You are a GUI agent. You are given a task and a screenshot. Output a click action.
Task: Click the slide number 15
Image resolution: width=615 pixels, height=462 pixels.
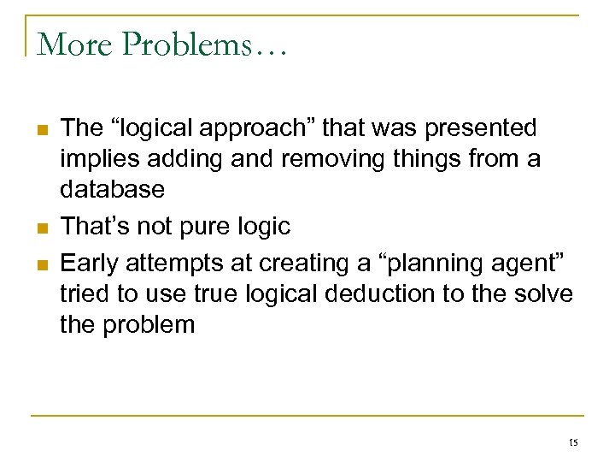tap(572, 442)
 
